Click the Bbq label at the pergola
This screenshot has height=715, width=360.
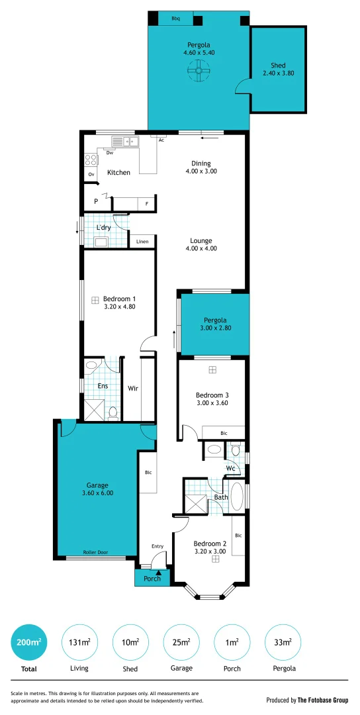click(175, 19)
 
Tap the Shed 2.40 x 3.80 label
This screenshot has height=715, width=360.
click(278, 70)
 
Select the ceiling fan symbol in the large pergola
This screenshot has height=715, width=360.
click(198, 70)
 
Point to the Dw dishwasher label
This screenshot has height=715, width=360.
click(110, 153)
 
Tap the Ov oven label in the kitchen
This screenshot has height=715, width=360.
click(91, 174)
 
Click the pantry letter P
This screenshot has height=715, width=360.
click(96, 201)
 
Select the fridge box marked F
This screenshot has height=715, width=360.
click(146, 203)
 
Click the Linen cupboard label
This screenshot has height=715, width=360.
click(142, 242)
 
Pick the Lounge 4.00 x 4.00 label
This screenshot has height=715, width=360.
click(201, 244)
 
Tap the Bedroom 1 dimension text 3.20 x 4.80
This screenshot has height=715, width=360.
click(119, 307)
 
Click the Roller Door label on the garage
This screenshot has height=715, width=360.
click(95, 552)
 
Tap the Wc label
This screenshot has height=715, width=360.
click(230, 469)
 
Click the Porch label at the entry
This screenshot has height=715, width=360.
click(152, 578)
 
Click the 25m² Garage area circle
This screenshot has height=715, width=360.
click(181, 642)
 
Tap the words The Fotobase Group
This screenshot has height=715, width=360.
click(323, 700)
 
